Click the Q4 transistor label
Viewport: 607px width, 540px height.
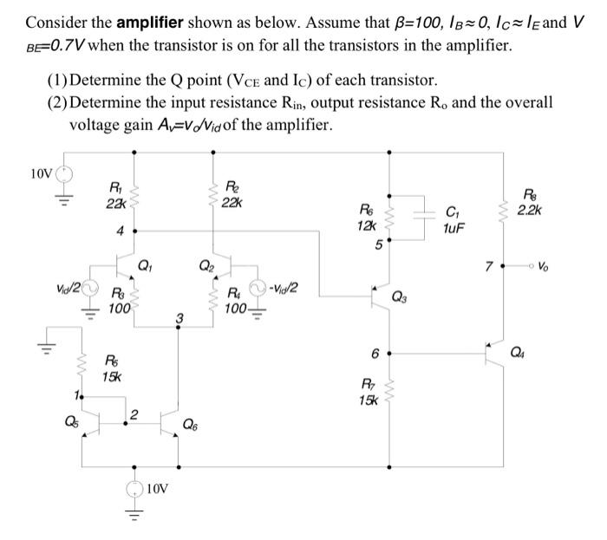543,351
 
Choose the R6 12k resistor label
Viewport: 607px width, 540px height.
367,216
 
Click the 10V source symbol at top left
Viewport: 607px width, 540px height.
62,174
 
